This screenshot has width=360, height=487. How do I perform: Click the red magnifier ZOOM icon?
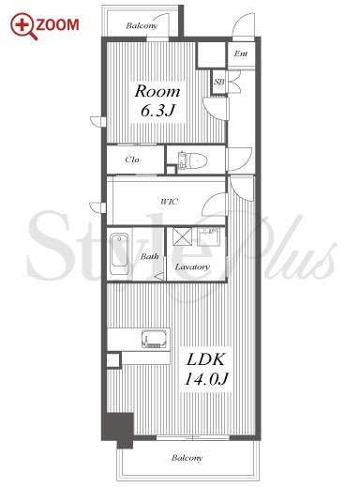coord(23,26)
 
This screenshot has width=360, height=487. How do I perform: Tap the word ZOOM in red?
coord(58,25)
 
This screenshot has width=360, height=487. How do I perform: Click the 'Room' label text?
coord(157,91)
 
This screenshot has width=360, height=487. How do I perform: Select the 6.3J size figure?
coord(157,111)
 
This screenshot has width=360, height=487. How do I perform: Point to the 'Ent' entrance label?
coord(241,53)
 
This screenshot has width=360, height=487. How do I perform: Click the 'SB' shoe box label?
coord(219,82)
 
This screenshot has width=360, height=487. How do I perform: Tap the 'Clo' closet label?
coord(132,160)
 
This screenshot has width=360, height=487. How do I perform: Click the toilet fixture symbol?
coord(193,160)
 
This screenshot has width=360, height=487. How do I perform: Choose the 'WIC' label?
coord(170,202)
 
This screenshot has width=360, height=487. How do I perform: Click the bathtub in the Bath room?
coord(120,254)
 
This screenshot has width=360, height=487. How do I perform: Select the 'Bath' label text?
coord(149,257)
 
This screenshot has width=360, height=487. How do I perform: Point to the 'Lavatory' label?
coord(192,266)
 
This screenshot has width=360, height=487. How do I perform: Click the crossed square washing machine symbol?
coord(183,236)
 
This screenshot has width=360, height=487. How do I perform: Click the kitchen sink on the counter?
coord(154,339)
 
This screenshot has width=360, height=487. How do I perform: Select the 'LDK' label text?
coord(205,359)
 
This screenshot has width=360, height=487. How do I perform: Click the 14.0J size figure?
coord(206,379)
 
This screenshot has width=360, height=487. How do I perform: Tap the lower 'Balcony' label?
coord(187,458)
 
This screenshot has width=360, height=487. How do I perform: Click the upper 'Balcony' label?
coord(142,25)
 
